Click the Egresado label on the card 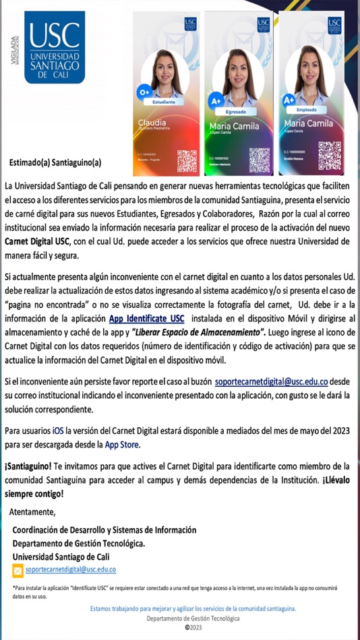[236, 111]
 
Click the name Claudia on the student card [152, 122]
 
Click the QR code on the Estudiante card [187, 161]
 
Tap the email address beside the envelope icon [71, 569]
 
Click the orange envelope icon [18, 571]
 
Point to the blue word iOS [59, 430]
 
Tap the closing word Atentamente [33, 512]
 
